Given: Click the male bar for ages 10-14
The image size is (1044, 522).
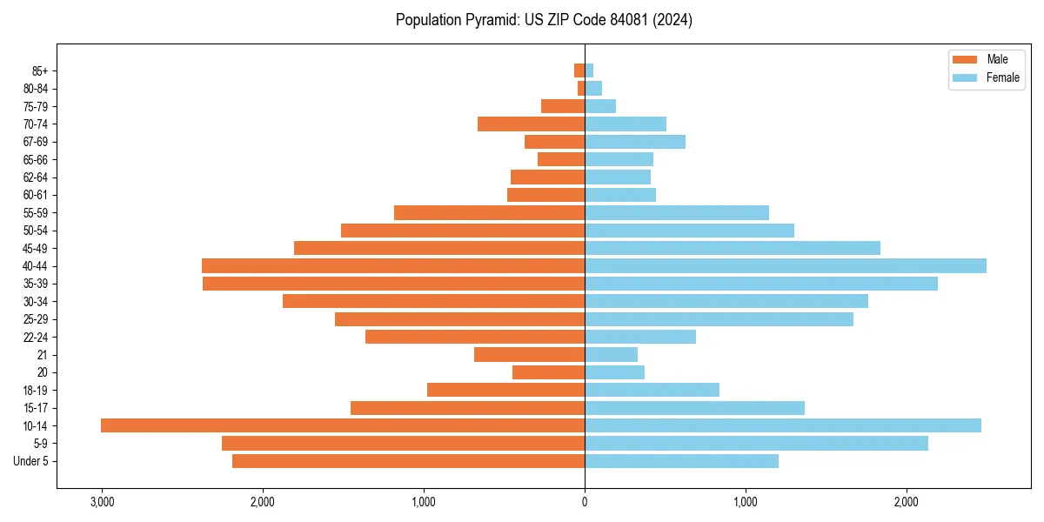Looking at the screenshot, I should click(343, 425).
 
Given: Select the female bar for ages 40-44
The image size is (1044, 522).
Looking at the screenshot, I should click(786, 265).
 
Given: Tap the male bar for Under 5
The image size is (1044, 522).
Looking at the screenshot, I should click(408, 461).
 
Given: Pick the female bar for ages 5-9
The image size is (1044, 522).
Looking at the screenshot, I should click(756, 443).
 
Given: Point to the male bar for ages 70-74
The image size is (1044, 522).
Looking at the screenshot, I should click(531, 124).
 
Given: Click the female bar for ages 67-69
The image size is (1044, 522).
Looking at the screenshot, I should click(635, 142).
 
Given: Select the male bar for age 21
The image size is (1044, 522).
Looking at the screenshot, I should click(529, 354).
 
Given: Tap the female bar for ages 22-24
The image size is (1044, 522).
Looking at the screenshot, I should click(640, 337).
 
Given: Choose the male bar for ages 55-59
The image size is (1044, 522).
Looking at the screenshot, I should click(489, 212).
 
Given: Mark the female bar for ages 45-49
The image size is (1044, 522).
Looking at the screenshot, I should click(733, 248).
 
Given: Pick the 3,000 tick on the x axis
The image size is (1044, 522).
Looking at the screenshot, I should click(102, 502).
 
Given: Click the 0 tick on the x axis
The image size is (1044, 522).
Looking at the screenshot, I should click(585, 502).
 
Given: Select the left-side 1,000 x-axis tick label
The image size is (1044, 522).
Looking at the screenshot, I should click(424, 502).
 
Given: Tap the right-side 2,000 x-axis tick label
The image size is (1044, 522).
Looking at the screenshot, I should click(907, 502).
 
